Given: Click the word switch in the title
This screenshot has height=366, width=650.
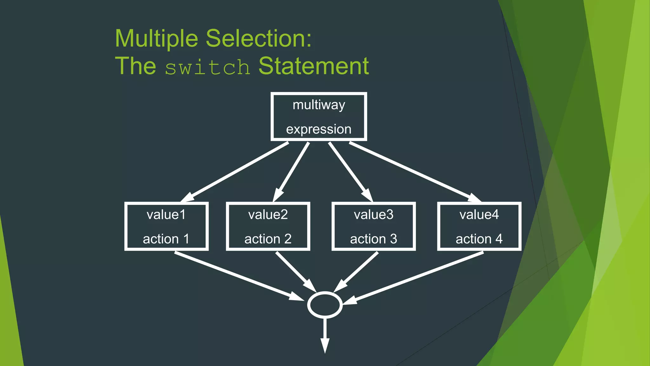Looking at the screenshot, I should (208, 67).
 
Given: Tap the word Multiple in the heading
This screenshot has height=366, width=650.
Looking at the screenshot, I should (156, 38).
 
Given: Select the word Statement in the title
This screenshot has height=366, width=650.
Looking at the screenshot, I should (314, 66).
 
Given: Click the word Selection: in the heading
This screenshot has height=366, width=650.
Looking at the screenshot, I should (259, 38).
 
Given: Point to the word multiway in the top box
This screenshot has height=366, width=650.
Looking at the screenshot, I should (319, 105).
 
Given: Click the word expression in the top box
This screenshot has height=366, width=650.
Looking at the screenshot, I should (319, 129).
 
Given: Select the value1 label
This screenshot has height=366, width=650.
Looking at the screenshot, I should (166, 215).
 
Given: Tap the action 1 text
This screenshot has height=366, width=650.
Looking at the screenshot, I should (166, 239).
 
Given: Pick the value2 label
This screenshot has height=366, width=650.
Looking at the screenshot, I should (268, 215).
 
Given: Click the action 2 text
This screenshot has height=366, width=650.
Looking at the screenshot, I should (268, 239).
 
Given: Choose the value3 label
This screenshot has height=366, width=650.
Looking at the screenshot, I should (374, 215).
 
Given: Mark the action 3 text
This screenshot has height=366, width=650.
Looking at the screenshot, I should (374, 239).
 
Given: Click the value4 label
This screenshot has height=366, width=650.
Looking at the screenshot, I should (479, 215).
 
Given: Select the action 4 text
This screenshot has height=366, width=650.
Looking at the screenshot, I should (479, 239).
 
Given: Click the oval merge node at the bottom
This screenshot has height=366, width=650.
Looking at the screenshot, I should (325, 305).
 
